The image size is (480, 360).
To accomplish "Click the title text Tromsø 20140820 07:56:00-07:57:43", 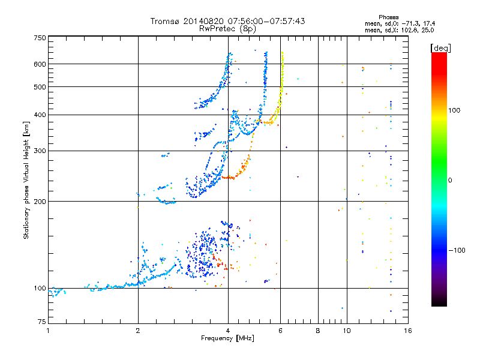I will [227, 21].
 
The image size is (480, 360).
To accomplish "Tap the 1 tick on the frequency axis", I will [48, 331].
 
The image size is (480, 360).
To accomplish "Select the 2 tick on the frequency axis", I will [138, 331].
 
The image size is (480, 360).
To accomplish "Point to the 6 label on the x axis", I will [280, 331].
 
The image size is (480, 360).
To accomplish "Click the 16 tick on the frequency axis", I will [407, 331].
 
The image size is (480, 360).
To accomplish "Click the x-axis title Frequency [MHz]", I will [227, 339].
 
